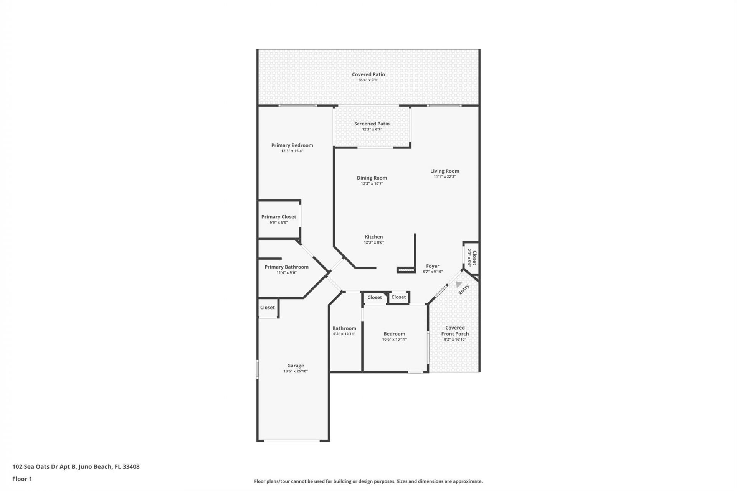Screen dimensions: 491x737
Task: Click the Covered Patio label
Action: point(368,74)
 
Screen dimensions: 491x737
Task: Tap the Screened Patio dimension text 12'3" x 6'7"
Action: point(372,129)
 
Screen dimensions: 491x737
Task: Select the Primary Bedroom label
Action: point(292,145)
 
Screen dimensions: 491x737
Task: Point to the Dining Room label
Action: point(372,178)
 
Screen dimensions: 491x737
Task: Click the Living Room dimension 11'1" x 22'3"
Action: point(445,176)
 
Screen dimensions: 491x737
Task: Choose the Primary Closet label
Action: point(279,217)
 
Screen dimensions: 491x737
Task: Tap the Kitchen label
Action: point(373,237)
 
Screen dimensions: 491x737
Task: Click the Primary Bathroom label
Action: point(286,267)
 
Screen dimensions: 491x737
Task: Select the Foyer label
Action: point(433,266)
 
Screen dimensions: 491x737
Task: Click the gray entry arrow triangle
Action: point(458,284)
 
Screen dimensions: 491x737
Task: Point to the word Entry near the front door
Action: point(464,289)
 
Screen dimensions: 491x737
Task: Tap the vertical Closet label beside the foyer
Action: point(474,258)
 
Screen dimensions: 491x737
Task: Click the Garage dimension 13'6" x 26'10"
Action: point(296,371)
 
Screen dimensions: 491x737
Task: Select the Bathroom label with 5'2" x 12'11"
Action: point(344,328)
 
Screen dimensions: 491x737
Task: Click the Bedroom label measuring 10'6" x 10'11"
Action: point(394,334)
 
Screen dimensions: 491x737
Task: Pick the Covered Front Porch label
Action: point(455,331)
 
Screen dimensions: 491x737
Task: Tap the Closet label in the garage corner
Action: point(267,307)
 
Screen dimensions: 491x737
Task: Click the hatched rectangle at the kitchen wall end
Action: point(406,270)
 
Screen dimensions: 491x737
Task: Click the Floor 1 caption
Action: point(22,479)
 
